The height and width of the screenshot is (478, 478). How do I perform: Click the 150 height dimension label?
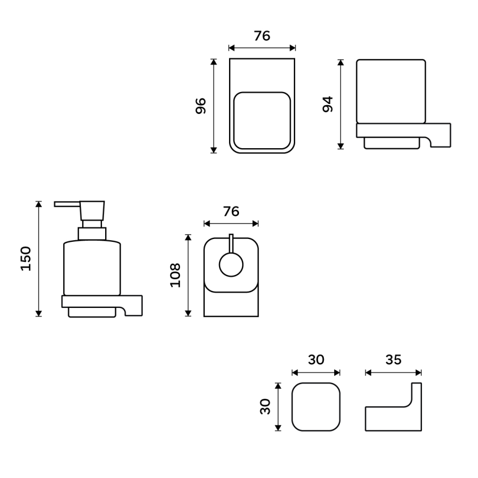(25, 258)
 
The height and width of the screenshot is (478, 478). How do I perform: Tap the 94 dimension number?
(328, 104)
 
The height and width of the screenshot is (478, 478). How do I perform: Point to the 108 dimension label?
(175, 275)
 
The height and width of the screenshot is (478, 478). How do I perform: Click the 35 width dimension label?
(393, 360)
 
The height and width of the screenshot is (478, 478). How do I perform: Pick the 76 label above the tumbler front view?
(262, 36)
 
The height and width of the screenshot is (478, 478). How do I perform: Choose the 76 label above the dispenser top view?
(231, 211)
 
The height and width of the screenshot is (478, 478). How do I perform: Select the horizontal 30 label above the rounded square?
(316, 360)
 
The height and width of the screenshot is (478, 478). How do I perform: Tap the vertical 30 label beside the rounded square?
(267, 407)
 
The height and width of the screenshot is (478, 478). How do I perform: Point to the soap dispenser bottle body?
(91, 268)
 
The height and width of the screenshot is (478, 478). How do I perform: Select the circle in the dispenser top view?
(231, 265)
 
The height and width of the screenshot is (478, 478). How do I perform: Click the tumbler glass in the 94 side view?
(391, 91)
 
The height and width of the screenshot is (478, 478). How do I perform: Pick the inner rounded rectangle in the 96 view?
(262, 121)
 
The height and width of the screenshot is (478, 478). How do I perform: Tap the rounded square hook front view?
(316, 407)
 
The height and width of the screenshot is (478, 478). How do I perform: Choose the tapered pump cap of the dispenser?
(92, 211)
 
